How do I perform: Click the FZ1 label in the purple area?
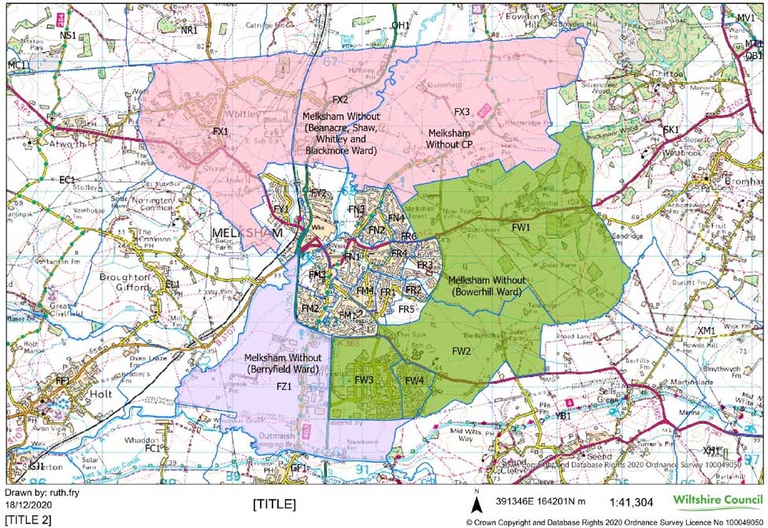282,386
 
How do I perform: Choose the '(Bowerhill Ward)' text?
483,292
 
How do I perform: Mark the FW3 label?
363,380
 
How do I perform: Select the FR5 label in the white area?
406,309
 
